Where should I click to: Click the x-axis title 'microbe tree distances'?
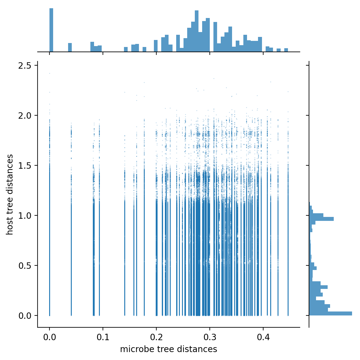coord(169,349)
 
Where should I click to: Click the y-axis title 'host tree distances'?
coord(10,195)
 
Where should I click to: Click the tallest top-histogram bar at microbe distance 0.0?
coord(51,31)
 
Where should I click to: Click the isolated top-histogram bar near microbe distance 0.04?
coord(70,48)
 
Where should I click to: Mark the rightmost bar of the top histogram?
coord(286,50)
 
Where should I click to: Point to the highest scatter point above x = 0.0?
coord(49,73)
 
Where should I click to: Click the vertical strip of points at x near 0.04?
coord(71,244)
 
